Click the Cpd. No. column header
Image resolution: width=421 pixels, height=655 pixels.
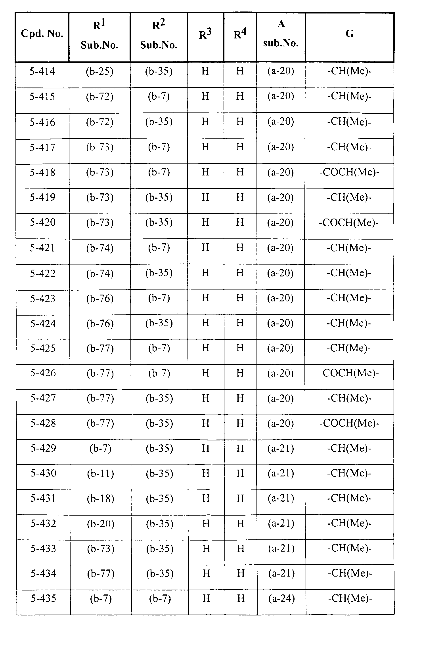(42, 34)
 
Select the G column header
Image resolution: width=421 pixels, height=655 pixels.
(350, 34)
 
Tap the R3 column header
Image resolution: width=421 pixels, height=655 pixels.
(205, 34)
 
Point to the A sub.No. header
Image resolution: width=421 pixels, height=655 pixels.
(281, 34)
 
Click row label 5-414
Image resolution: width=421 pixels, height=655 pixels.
(42, 71)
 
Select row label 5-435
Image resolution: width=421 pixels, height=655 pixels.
(44, 598)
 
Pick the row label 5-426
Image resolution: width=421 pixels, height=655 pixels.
(43, 373)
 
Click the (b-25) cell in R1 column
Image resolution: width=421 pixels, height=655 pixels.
(100, 71)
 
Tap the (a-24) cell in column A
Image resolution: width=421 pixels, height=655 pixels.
(281, 598)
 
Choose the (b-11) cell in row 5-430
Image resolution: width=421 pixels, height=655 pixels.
(101, 473)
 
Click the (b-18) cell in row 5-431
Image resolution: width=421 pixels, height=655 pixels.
(101, 499)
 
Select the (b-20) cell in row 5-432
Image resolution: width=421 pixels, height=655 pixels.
(101, 524)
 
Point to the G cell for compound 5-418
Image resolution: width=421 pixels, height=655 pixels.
(349, 172)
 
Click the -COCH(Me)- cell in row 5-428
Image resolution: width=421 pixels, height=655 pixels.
(349, 423)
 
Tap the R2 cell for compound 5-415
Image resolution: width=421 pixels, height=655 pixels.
(159, 96)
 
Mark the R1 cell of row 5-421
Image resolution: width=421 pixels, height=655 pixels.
(100, 248)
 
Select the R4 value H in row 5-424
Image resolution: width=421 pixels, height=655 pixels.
(240, 323)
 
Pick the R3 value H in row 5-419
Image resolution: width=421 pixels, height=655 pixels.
(205, 197)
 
